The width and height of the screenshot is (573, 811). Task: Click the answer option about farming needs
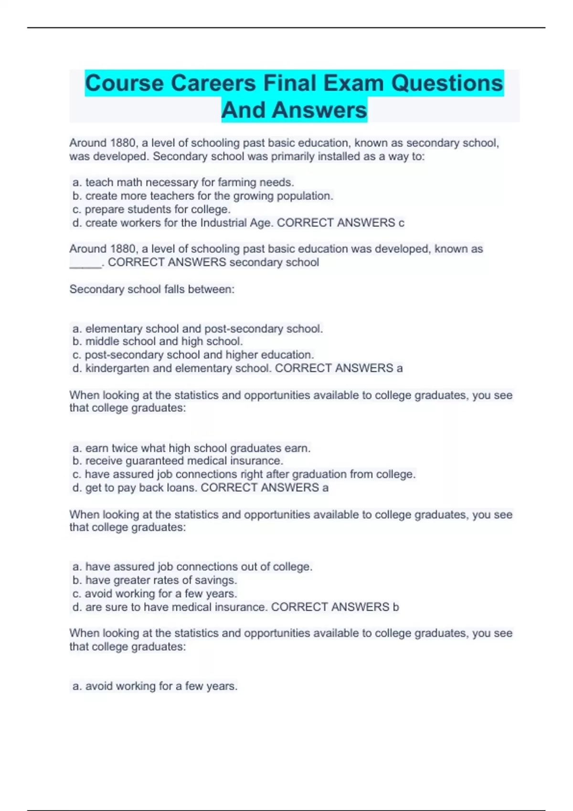point(183,182)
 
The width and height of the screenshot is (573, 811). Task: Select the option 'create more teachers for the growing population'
point(202,196)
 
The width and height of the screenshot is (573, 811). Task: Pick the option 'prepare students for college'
point(151,209)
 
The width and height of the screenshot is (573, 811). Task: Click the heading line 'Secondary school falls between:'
point(152,289)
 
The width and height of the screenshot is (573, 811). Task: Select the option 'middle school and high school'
point(158,341)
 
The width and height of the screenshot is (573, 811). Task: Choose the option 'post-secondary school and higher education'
point(193,354)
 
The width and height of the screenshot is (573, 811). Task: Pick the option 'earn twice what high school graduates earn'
point(191,448)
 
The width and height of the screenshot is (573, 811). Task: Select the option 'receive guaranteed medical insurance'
point(178,461)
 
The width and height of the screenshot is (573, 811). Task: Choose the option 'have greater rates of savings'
point(155,580)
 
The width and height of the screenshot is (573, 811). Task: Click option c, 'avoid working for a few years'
point(155,593)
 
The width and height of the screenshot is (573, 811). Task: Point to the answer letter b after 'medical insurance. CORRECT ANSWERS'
point(395,607)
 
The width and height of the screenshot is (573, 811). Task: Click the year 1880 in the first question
point(123,143)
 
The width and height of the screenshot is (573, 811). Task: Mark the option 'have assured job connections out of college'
point(192,567)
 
